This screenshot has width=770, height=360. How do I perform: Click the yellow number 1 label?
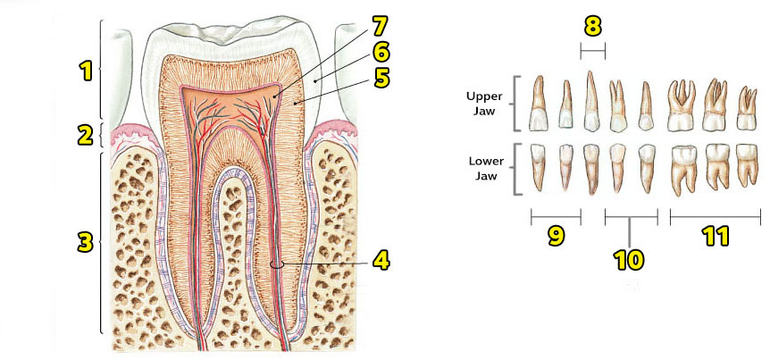(x=87, y=71)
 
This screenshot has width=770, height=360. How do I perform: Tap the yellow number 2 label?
(x=86, y=136)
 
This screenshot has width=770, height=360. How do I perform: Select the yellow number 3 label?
(x=86, y=241)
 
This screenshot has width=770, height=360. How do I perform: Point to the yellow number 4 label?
(x=381, y=261)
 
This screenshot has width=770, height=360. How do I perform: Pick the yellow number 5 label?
(x=381, y=78)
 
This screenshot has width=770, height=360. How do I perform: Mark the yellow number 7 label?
(x=381, y=22)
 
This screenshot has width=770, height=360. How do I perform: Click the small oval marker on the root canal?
(x=277, y=264)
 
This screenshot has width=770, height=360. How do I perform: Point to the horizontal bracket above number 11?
(x=715, y=215)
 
